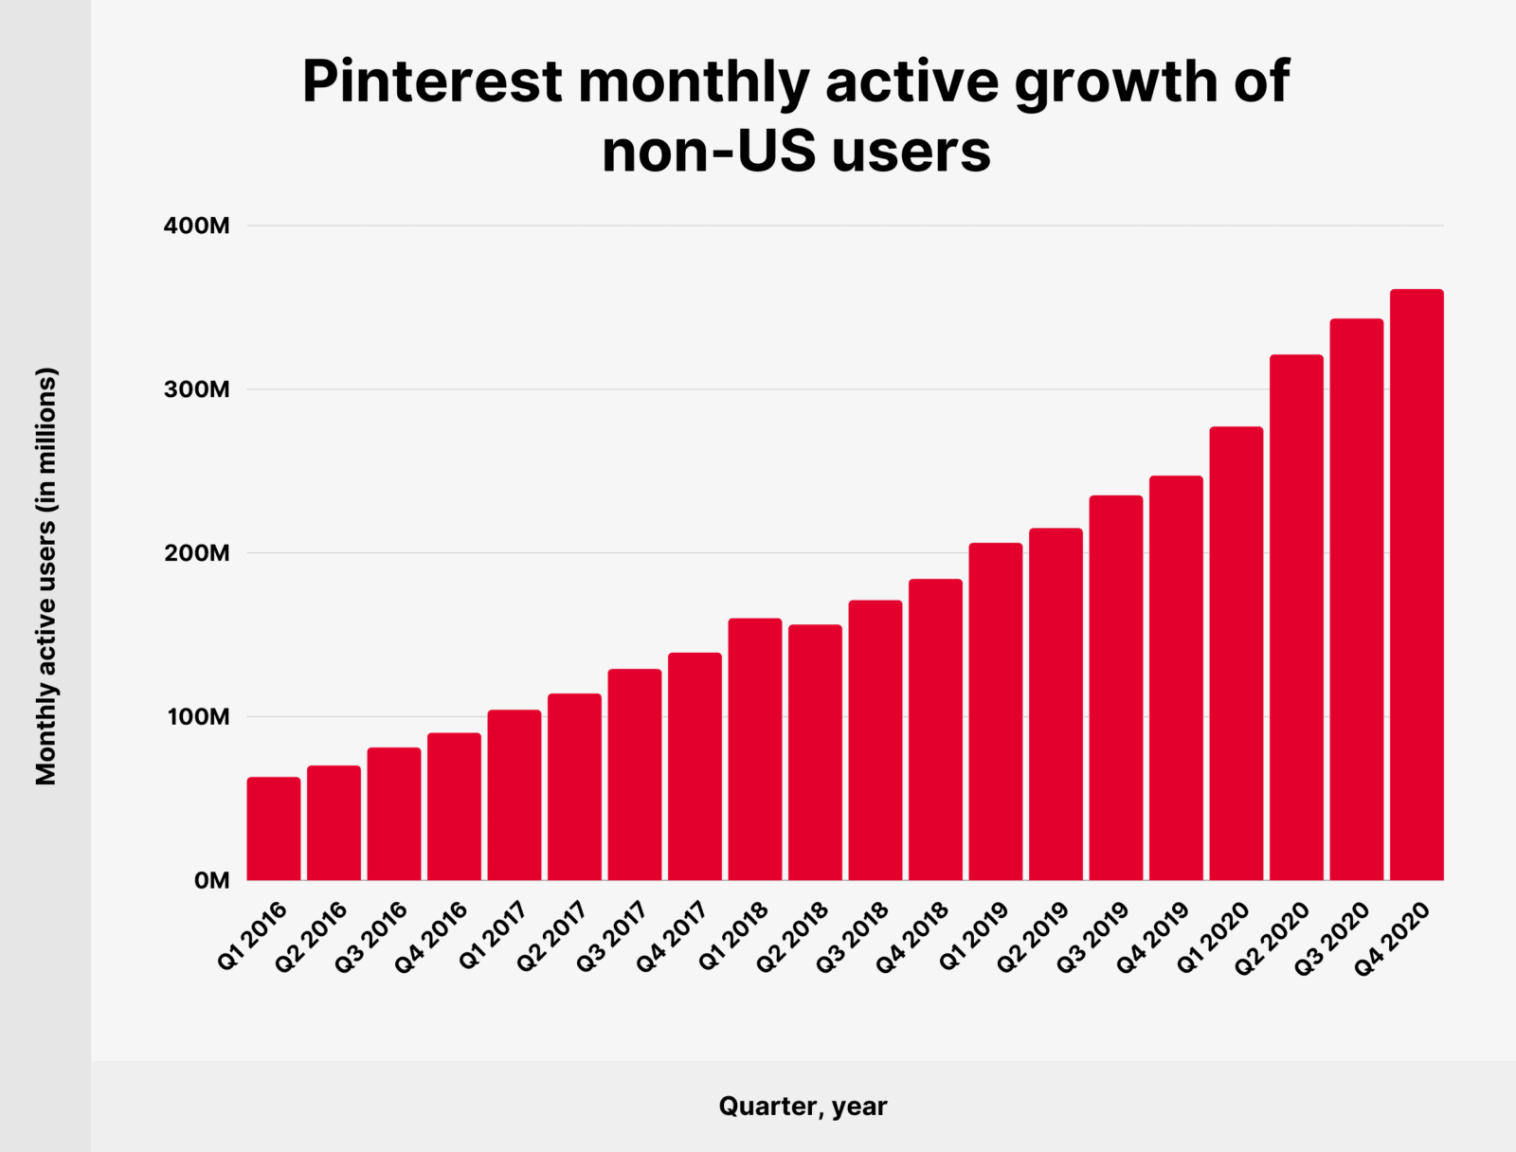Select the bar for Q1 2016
click(274, 829)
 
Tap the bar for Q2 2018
click(815, 752)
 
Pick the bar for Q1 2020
click(1236, 654)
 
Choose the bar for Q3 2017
click(635, 775)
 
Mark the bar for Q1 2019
click(996, 711)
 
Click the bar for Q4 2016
click(454, 806)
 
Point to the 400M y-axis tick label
click(197, 226)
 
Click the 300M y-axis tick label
click(197, 389)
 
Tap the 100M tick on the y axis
click(198, 717)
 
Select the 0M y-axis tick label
click(211, 881)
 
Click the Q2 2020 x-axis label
click(1273, 938)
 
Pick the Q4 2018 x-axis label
click(912, 938)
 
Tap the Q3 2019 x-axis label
click(1093, 938)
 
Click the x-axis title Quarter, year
click(803, 1107)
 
